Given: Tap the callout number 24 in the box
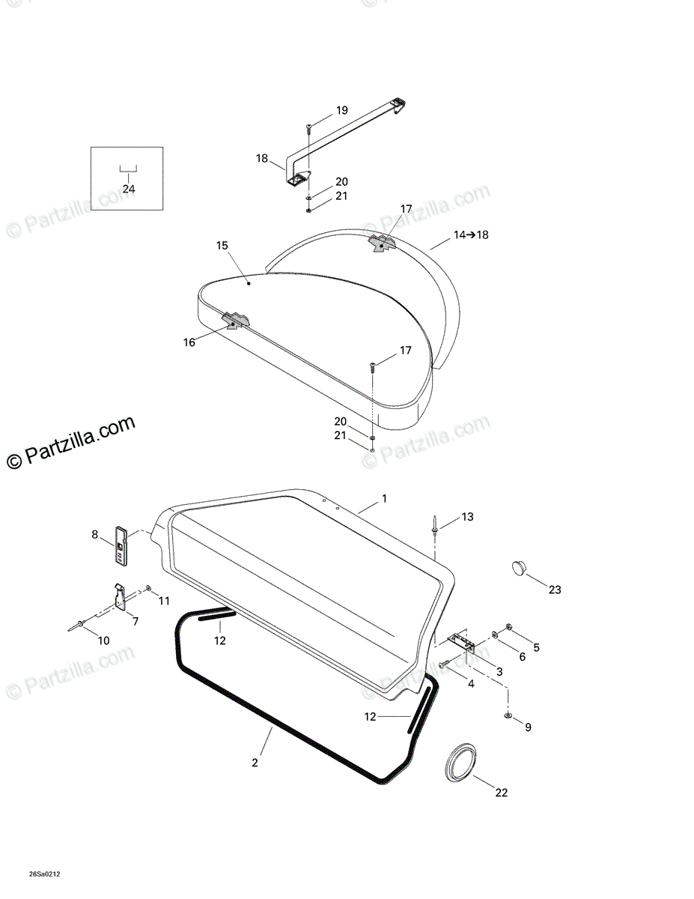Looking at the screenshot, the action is [129, 189].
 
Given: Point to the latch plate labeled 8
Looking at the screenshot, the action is [121, 545].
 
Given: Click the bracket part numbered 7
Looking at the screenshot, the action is [121, 596].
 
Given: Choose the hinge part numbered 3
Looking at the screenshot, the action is [461, 642].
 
